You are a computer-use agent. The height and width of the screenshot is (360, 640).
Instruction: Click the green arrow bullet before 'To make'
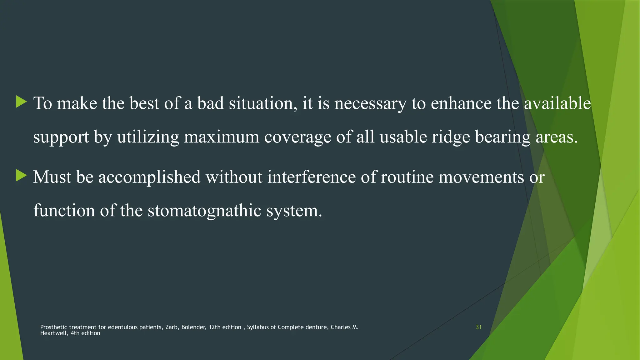tap(21, 102)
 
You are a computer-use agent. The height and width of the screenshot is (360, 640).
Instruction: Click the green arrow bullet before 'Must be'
tap(21, 176)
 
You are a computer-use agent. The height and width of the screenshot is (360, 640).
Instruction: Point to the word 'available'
tap(557, 103)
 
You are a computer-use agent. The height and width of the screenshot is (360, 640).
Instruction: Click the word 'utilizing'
tap(148, 137)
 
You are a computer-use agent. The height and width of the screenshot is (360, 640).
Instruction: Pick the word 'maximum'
tap(221, 137)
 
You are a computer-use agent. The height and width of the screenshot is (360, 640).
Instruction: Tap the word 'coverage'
tap(297, 138)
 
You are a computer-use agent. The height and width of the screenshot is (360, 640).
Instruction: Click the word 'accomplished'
tap(149, 177)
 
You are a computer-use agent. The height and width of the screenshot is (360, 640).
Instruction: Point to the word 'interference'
tap(311, 177)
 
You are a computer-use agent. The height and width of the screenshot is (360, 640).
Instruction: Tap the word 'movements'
tap(481, 177)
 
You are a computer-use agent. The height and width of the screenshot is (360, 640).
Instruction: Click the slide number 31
tap(478, 327)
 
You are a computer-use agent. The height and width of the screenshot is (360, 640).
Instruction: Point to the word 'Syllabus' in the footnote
tap(258, 327)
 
